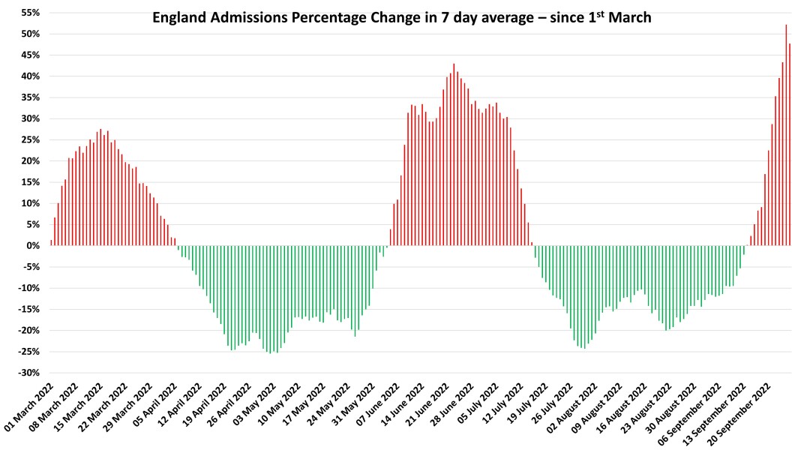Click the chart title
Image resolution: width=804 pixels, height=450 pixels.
click(x=401, y=17)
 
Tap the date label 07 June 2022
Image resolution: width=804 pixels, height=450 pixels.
click(x=382, y=409)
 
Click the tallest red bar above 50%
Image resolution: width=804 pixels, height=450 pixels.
click(x=786, y=135)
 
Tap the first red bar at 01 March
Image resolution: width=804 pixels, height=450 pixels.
click(x=51, y=242)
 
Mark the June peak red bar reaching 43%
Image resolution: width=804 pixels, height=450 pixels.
click(x=454, y=154)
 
